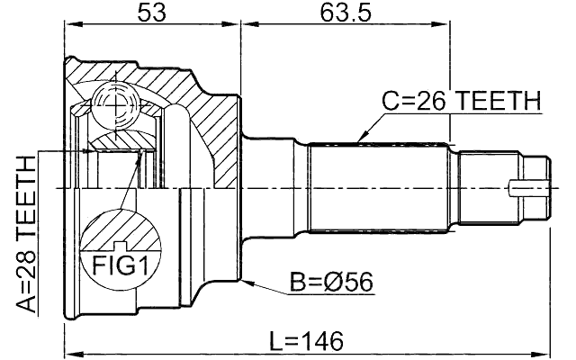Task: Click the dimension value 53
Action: (150, 14)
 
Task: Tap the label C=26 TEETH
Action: (460, 102)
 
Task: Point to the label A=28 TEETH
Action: (26, 233)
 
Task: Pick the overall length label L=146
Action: (305, 341)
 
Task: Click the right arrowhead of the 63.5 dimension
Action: (445, 28)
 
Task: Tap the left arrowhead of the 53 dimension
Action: (68, 28)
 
